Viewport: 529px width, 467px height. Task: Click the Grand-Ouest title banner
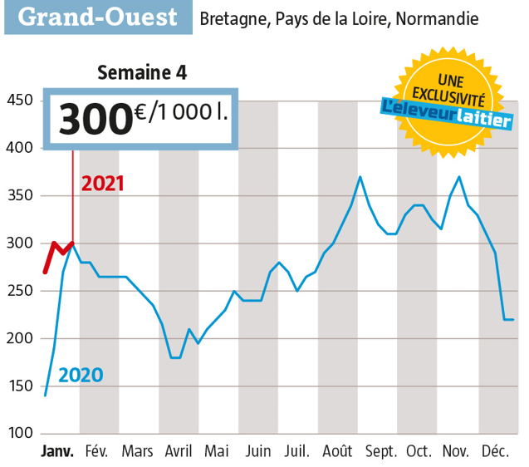pyautogui.click(x=97, y=17)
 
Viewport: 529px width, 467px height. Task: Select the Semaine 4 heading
pyautogui.click(x=142, y=73)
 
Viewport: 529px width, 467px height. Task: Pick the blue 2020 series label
pyautogui.click(x=80, y=376)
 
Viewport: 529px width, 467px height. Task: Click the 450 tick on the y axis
pyautogui.click(x=19, y=101)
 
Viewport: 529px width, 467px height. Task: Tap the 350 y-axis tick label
pyautogui.click(x=19, y=196)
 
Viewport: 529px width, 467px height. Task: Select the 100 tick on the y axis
pyautogui.click(x=19, y=434)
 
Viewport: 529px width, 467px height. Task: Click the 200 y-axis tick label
pyautogui.click(x=19, y=339)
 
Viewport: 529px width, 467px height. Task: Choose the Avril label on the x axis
pyautogui.click(x=179, y=452)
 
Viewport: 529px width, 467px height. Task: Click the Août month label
pyautogui.click(x=338, y=452)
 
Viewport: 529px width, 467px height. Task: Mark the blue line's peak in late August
pyautogui.click(x=360, y=176)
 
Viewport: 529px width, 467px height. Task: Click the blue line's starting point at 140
pyautogui.click(x=45, y=396)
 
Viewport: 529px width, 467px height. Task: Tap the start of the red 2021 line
pyautogui.click(x=46, y=272)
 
